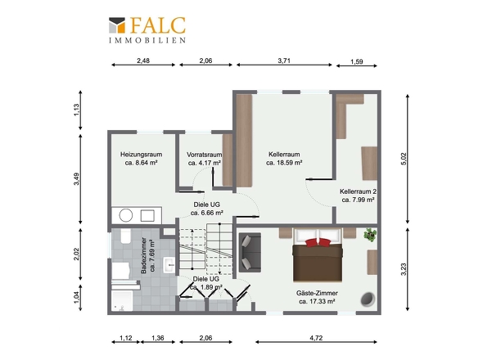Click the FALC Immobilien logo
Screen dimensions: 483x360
point(147,30)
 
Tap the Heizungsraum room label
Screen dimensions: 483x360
point(141,155)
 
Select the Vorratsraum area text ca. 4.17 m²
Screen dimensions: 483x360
point(204,163)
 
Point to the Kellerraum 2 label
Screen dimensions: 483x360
point(358,191)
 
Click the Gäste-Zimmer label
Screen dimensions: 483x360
point(317,293)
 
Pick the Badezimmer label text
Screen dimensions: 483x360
point(143,255)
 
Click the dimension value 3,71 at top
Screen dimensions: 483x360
point(284,61)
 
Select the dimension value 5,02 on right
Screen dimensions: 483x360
point(404,159)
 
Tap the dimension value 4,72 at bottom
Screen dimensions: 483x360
point(316,338)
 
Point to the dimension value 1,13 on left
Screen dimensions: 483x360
point(76,110)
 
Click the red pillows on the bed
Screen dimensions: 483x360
point(318,242)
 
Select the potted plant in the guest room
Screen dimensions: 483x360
point(370,235)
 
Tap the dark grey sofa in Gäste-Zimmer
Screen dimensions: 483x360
point(251,253)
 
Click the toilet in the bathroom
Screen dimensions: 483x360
point(126,236)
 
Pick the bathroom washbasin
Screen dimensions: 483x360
point(169,265)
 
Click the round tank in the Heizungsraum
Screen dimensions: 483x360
point(126,215)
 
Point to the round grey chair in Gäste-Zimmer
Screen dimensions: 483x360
point(368,299)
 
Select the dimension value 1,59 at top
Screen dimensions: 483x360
point(357,61)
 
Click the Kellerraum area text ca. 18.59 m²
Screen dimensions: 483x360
point(284,163)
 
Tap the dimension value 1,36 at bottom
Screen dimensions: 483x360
point(158,338)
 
